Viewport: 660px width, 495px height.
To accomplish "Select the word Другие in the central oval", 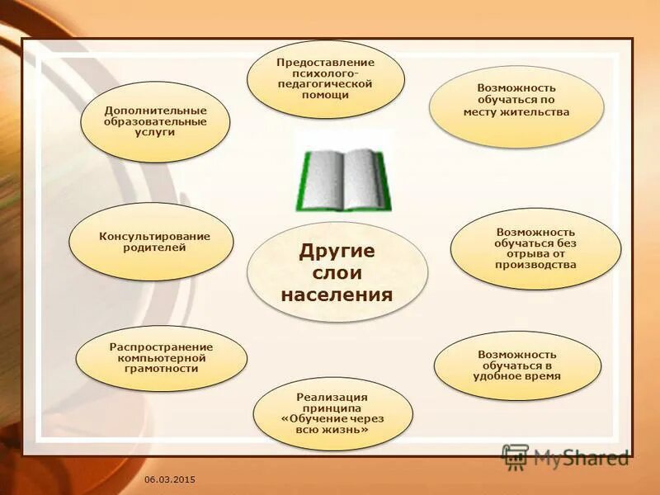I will [x=337, y=251].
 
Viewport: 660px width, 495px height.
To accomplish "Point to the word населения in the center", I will [x=337, y=294].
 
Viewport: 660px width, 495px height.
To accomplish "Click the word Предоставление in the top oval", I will [x=325, y=63].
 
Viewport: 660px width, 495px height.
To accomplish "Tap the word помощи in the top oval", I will [x=325, y=95].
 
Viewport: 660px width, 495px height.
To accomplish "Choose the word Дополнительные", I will [x=155, y=111].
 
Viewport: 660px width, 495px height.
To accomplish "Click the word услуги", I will [x=155, y=132].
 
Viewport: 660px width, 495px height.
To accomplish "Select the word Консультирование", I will [x=155, y=237].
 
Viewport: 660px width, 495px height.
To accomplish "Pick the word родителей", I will [x=155, y=247].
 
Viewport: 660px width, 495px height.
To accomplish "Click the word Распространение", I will [x=162, y=347].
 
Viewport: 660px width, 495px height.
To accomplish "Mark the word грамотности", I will [x=162, y=369].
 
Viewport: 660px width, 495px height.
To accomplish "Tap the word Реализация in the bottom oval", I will [x=332, y=398].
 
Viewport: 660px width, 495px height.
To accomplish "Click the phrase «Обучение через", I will [x=332, y=418].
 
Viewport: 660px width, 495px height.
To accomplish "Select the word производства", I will [x=535, y=265].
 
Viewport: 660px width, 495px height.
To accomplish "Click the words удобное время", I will [x=517, y=375].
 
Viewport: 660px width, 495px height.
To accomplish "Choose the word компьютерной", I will [x=162, y=358].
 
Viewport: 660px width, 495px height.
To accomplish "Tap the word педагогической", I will [x=325, y=84].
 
